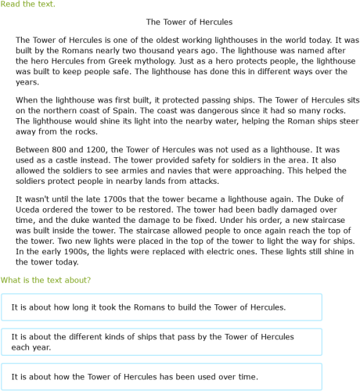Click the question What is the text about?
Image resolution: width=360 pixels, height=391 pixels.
click(45, 280)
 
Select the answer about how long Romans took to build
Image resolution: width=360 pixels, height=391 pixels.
click(161, 307)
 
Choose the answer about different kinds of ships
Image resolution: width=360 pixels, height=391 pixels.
click(161, 342)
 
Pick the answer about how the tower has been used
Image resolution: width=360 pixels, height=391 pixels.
click(161, 377)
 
